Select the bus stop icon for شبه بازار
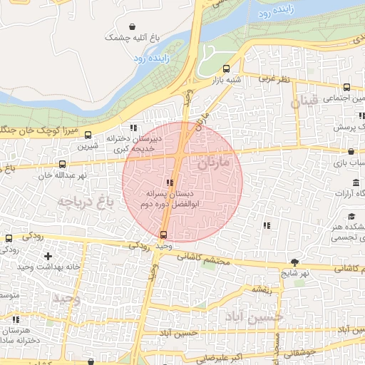pos(226,69)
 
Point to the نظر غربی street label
pos(274,78)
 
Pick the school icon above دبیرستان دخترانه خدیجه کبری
pos(133,128)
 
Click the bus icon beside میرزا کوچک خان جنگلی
pos(88,134)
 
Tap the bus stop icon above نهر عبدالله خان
pos(62,164)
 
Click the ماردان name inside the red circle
pos(212,163)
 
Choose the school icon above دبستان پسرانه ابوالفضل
pos(169,182)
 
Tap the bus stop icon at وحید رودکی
pos(164,235)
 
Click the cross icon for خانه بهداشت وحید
pos(48,255)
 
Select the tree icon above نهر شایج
pos(295,262)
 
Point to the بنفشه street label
pos(259,290)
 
